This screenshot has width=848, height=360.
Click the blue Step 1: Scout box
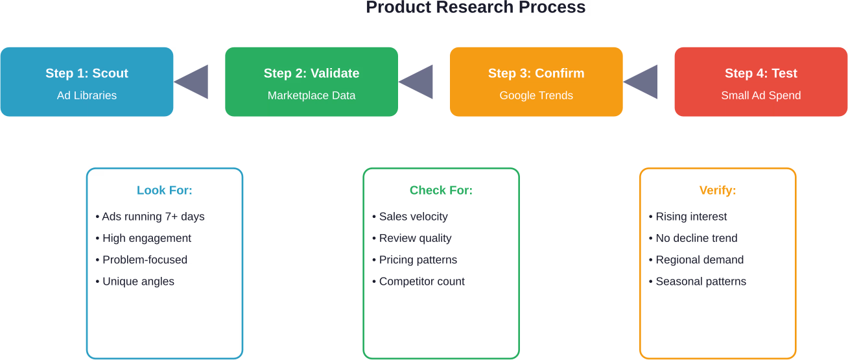coord(87,82)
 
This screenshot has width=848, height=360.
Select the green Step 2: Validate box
coord(311,82)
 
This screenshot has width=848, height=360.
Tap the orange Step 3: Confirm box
coord(536,82)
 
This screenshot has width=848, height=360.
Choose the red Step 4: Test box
coord(760,82)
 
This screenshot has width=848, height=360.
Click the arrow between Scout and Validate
coord(193,82)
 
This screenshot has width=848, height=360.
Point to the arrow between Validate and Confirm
coord(417,82)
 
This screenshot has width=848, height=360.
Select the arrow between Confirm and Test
coord(642,82)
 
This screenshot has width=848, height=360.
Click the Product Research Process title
coord(475,8)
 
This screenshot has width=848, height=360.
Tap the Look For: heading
coord(165,190)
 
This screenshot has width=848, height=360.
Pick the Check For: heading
coord(441,190)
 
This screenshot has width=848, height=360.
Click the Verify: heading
coord(718,190)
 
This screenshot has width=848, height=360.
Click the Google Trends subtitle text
coord(536,95)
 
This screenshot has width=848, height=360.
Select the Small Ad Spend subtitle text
coord(760,95)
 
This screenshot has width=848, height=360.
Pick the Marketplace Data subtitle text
coord(311,95)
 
